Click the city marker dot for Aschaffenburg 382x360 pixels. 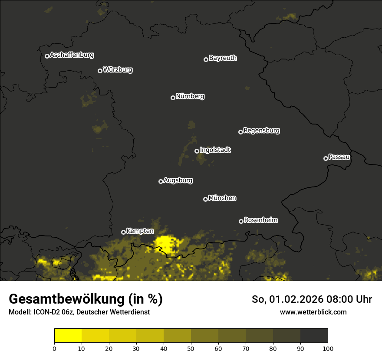(47, 56)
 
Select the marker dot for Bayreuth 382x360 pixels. (206, 59)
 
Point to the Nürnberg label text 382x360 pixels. (190, 96)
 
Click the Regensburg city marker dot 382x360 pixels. (240, 132)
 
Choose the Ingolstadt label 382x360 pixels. (215, 150)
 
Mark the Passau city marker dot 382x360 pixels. (326, 158)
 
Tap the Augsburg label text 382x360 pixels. (178, 180)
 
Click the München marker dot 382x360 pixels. (205, 199)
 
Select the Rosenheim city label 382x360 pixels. (260, 220)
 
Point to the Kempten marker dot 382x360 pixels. (123, 232)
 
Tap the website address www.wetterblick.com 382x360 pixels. (313, 312)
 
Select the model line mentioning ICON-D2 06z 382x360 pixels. (79, 312)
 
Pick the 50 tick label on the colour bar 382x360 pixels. (191, 348)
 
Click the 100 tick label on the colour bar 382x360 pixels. (328, 348)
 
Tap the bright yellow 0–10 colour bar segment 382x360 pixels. (68, 336)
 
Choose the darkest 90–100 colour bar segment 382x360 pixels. (314, 336)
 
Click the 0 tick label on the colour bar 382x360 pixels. (54, 348)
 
